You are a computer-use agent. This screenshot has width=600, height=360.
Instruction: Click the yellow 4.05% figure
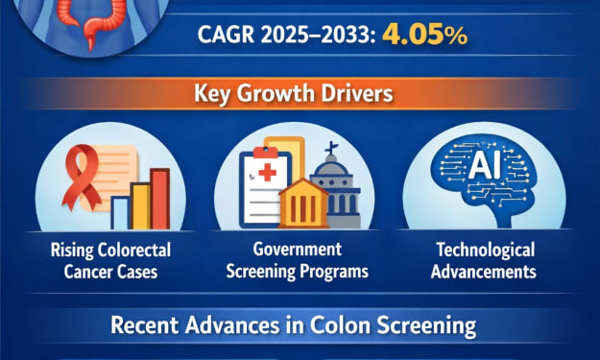click(424, 35)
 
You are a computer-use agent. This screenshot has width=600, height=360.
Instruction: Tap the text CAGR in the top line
click(226, 35)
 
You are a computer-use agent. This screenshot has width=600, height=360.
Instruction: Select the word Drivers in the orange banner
click(359, 93)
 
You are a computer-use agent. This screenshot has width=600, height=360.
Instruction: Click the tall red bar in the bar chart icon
click(160, 199)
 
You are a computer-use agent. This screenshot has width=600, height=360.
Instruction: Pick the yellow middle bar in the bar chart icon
click(140, 205)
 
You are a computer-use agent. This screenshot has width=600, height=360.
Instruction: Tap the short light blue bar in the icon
click(121, 213)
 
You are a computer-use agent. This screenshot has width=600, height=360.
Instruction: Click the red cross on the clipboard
click(268, 173)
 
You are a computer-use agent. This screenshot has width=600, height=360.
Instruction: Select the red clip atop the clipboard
click(266, 152)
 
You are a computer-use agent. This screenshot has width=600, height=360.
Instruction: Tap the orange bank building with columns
click(303, 204)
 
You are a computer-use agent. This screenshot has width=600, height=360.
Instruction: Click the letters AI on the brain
click(485, 167)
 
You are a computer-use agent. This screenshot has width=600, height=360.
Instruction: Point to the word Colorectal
click(134, 251)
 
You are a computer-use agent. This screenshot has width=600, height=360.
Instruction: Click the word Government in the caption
click(298, 249)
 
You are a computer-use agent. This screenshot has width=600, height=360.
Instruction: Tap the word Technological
click(486, 251)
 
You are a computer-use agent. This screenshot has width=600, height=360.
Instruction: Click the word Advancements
click(484, 272)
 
